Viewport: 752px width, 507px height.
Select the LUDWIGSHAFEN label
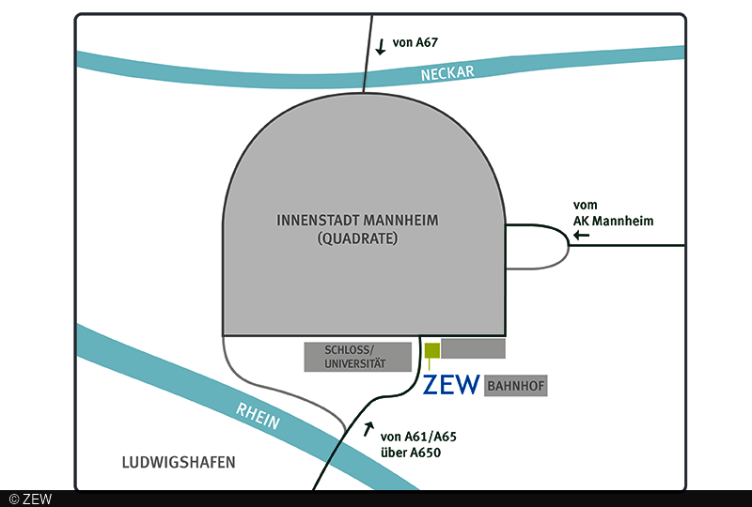click(x=178, y=462)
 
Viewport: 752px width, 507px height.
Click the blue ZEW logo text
click(x=451, y=385)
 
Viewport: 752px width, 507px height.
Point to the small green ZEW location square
click(x=431, y=351)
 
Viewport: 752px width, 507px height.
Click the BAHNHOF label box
click(x=515, y=386)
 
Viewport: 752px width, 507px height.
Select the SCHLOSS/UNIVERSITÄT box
click(x=357, y=356)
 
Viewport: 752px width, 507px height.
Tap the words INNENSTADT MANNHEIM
click(x=358, y=221)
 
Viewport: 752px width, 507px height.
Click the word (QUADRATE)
click(x=358, y=239)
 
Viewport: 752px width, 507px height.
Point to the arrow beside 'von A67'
click(x=380, y=47)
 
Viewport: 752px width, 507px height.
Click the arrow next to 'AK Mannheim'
click(x=583, y=236)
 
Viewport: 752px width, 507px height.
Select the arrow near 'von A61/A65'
click(x=368, y=430)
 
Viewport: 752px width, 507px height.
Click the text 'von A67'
click(x=415, y=42)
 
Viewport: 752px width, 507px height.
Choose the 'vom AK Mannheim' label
click(x=613, y=213)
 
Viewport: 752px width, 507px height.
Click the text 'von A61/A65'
click(x=418, y=437)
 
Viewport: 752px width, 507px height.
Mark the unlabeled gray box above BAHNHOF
click(x=473, y=348)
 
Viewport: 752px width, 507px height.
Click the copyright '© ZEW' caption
click(x=30, y=499)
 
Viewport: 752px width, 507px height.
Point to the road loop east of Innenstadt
click(x=566, y=247)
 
